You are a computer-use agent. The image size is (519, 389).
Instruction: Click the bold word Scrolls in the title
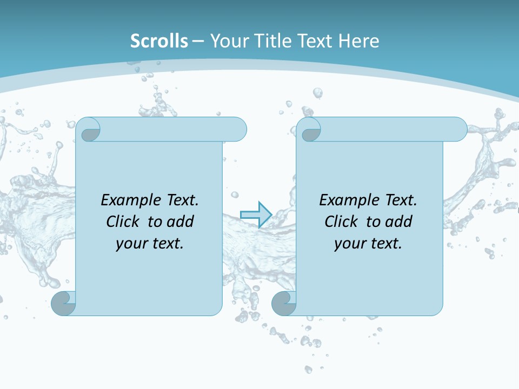[x=159, y=41]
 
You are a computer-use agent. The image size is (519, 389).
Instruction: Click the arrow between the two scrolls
[x=256, y=214]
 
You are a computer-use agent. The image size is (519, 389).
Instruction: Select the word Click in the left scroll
[x=123, y=222]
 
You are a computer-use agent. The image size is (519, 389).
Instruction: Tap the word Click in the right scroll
[x=341, y=222]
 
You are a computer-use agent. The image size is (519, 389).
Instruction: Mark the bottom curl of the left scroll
[x=63, y=303]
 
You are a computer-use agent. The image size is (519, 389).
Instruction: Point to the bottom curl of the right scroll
[x=283, y=303]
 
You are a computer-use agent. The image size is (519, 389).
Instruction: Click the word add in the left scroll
[x=181, y=222]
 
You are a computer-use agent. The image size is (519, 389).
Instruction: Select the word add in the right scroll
[x=399, y=222]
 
